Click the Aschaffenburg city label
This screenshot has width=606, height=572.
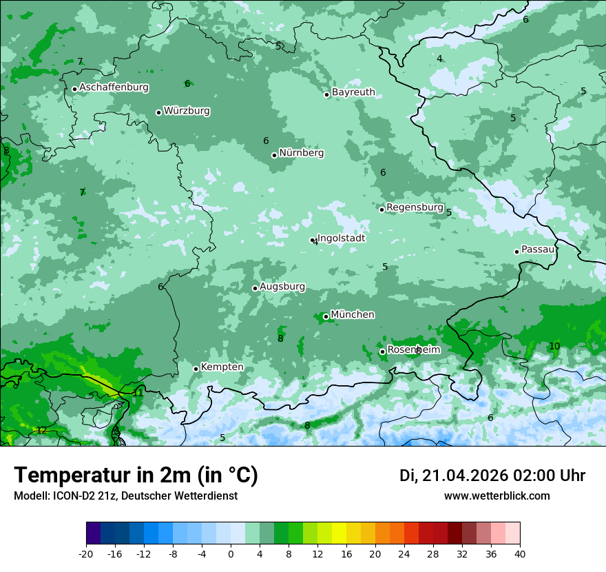point(114,88)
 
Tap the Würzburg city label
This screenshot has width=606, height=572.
point(187,111)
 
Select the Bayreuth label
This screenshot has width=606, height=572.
point(353,92)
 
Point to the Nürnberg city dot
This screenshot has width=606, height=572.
point(274,155)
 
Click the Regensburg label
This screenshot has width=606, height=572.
point(415,207)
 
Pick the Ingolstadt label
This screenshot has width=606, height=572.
point(341,238)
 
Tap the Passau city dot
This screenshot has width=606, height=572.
point(516,252)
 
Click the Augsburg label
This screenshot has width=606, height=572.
point(282,287)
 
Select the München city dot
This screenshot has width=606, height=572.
point(326,317)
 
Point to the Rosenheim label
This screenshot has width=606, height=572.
point(413,350)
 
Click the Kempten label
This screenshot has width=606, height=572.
point(222,367)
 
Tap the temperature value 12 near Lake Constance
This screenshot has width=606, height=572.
point(41,430)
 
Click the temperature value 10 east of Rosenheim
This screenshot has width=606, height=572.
point(554,346)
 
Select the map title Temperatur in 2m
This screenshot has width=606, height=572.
point(136,476)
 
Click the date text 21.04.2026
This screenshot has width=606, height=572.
point(465,476)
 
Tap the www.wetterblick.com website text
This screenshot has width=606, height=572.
point(497,496)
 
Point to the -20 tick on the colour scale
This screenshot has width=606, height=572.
point(86,553)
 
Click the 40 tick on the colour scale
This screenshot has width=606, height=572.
point(520,553)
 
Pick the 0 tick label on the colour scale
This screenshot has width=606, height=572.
point(231,553)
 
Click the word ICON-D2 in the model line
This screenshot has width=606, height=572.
point(70,496)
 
